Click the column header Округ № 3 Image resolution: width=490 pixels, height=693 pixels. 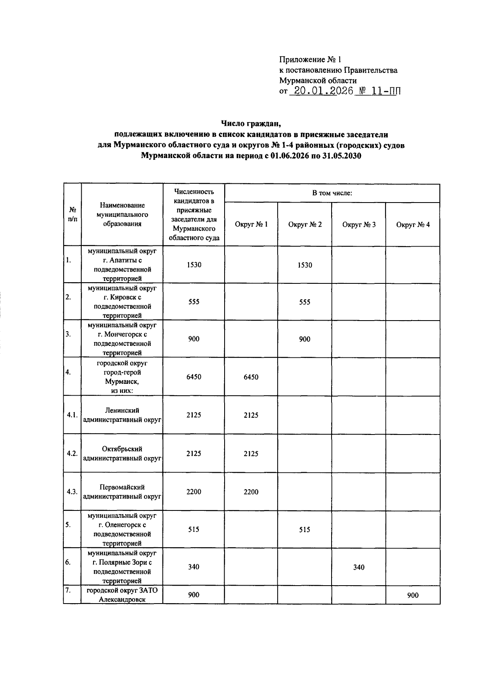tap(359, 225)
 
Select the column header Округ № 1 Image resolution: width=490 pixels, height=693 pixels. tap(251, 224)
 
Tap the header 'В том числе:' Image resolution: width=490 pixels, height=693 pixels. tap(332, 193)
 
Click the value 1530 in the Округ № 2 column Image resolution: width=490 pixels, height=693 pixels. tap(305, 265)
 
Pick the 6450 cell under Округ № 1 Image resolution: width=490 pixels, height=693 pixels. tap(251, 377)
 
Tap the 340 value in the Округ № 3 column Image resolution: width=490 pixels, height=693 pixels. tap(359, 567)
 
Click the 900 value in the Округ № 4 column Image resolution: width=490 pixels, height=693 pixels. tap(412, 595)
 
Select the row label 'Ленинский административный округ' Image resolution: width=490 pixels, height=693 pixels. tap(122, 415)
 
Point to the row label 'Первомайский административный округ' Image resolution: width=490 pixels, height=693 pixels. tap(122, 492)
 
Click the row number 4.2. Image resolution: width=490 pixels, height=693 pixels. tap(72, 454)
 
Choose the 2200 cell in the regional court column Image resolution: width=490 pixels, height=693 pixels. tap(194, 492)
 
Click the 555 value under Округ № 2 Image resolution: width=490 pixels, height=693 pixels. tap(305, 302)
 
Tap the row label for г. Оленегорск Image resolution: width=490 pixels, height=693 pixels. tap(122, 529)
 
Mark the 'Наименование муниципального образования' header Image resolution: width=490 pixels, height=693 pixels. tap(122, 214)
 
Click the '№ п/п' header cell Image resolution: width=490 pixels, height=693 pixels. tap(72, 214)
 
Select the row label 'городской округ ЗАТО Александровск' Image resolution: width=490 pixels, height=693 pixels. tap(122, 595)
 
